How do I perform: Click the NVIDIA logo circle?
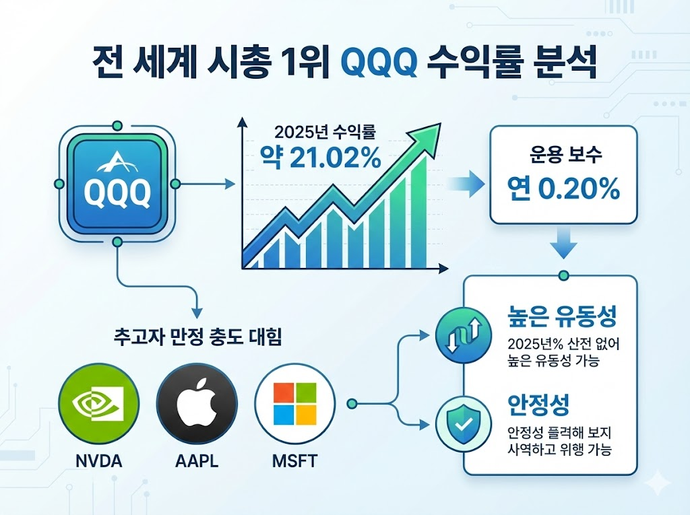tap(98, 403)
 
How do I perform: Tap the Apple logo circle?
tap(197, 403)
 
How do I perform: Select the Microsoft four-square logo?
tap(295, 403)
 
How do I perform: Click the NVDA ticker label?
tap(98, 461)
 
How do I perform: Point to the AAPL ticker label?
tap(197, 461)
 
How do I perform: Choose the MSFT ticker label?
tap(295, 461)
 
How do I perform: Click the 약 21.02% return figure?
tap(320, 158)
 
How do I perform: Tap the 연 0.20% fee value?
tap(563, 188)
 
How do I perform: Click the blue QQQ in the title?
tap(379, 65)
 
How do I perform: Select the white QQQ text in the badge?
tap(117, 193)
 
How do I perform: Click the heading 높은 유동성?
tap(562, 316)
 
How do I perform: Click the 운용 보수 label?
tap(565, 155)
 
